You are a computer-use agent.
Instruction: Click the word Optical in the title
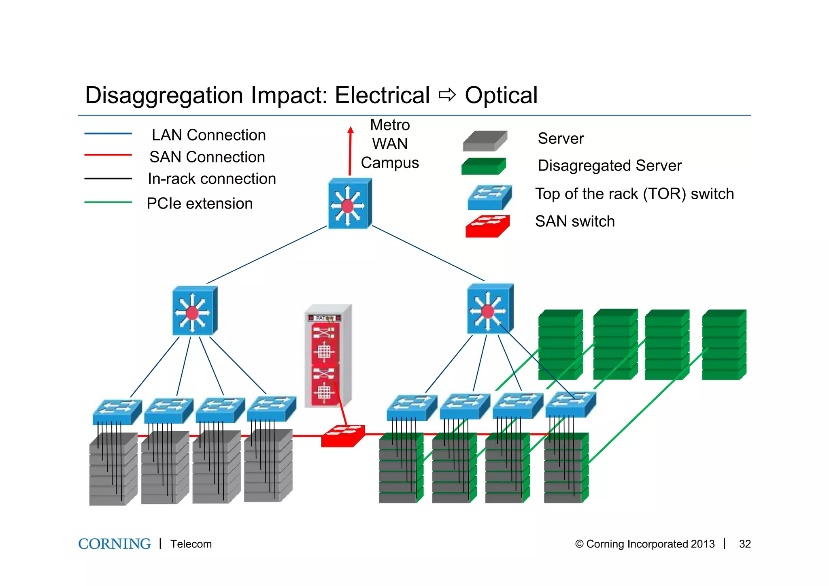coord(501,96)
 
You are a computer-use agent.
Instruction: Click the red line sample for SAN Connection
coord(108,155)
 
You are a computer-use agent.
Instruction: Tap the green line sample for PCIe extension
coord(108,202)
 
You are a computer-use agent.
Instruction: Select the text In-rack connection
coord(212,179)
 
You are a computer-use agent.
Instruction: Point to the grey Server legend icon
coord(485,141)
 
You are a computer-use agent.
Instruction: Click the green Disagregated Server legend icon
coord(483,166)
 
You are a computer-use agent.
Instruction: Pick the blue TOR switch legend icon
coord(489,197)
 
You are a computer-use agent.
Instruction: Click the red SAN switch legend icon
coord(487,226)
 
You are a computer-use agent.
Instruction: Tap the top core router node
coord(349,204)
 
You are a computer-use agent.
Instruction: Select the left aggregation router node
coord(195,311)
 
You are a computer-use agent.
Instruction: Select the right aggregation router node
coord(490,309)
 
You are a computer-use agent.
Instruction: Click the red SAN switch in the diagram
coord(343,436)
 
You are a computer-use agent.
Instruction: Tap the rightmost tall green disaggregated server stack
coord(724,345)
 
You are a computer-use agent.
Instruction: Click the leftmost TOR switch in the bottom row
coord(117,411)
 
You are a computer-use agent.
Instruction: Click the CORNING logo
coord(114,543)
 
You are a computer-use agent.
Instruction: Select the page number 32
coord(744,544)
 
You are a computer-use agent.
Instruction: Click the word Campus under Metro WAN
coord(389,163)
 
